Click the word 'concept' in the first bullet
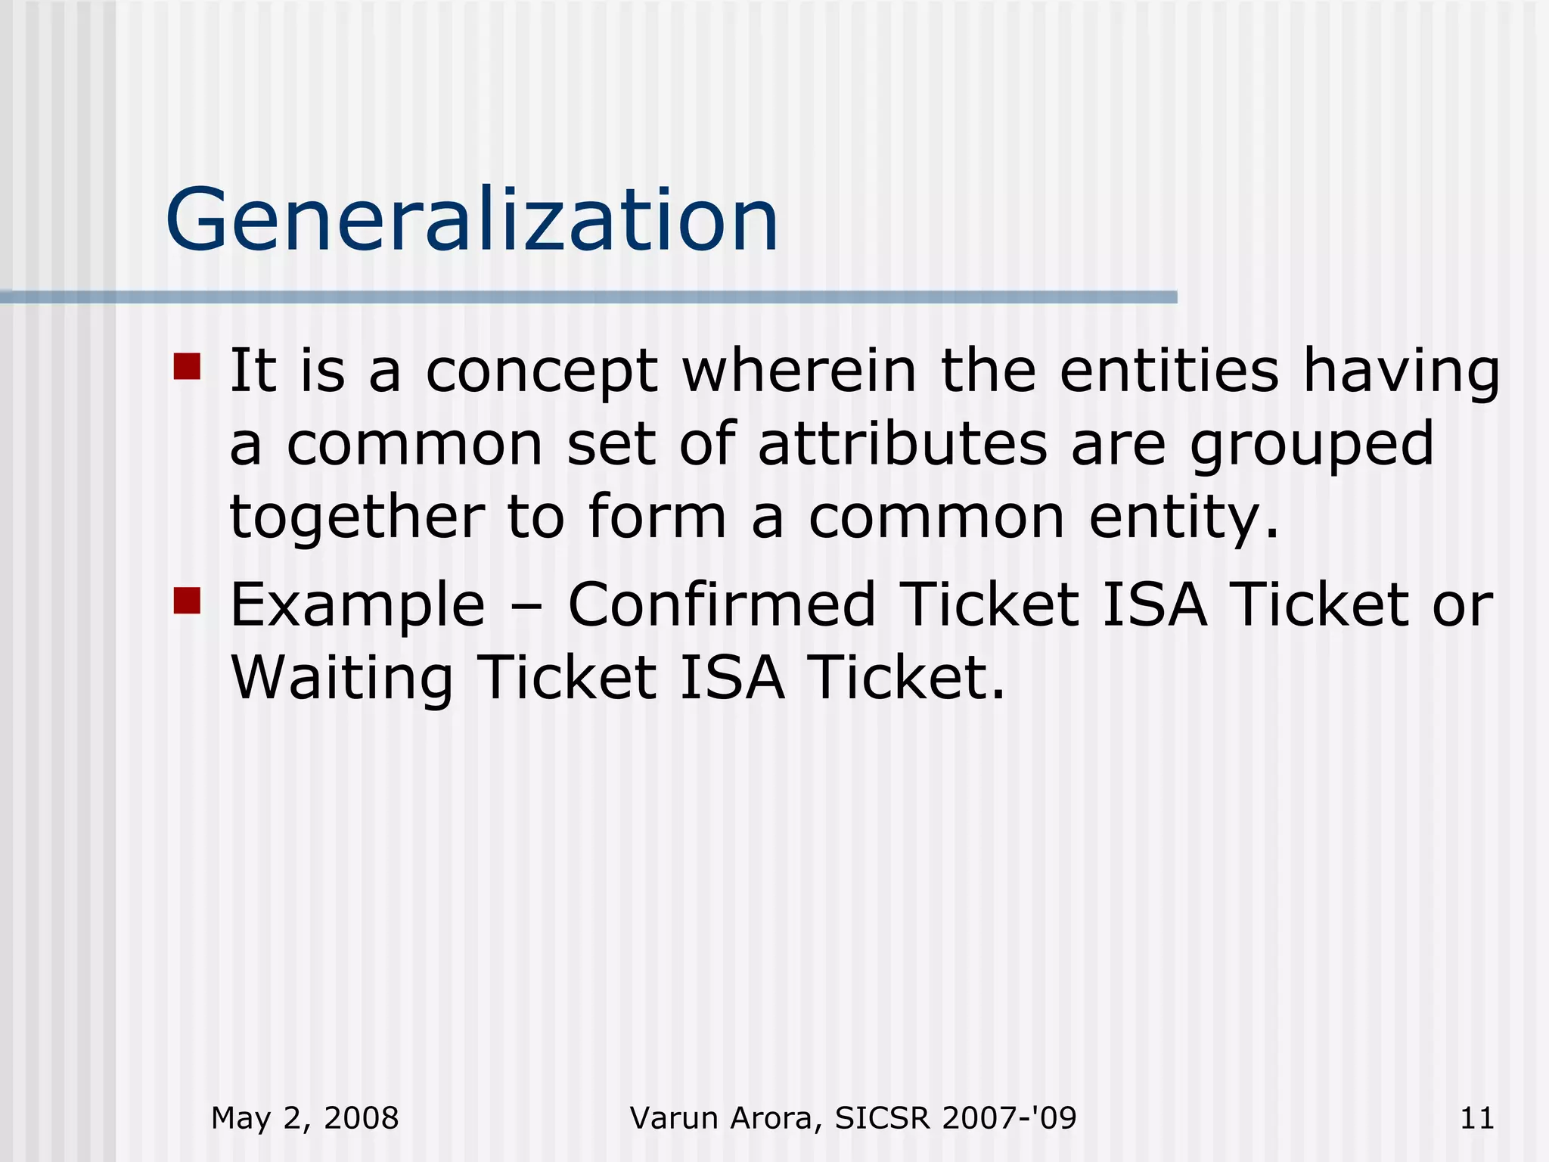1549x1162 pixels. pyautogui.click(x=542, y=372)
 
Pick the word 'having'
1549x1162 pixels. pyautogui.click(x=1401, y=372)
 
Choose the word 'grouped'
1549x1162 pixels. pyautogui.click(x=1312, y=446)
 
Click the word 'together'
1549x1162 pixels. pyautogui.click(x=357, y=517)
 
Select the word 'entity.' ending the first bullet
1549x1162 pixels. pyautogui.click(x=1184, y=519)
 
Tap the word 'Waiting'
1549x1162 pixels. pyautogui.click(x=342, y=678)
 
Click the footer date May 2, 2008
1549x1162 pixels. pyautogui.click(x=305, y=1118)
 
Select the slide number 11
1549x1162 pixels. pyautogui.click(x=1476, y=1118)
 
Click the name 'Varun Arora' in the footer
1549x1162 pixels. pyautogui.click(x=725, y=1118)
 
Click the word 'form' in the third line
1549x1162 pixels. pyautogui.click(x=657, y=517)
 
